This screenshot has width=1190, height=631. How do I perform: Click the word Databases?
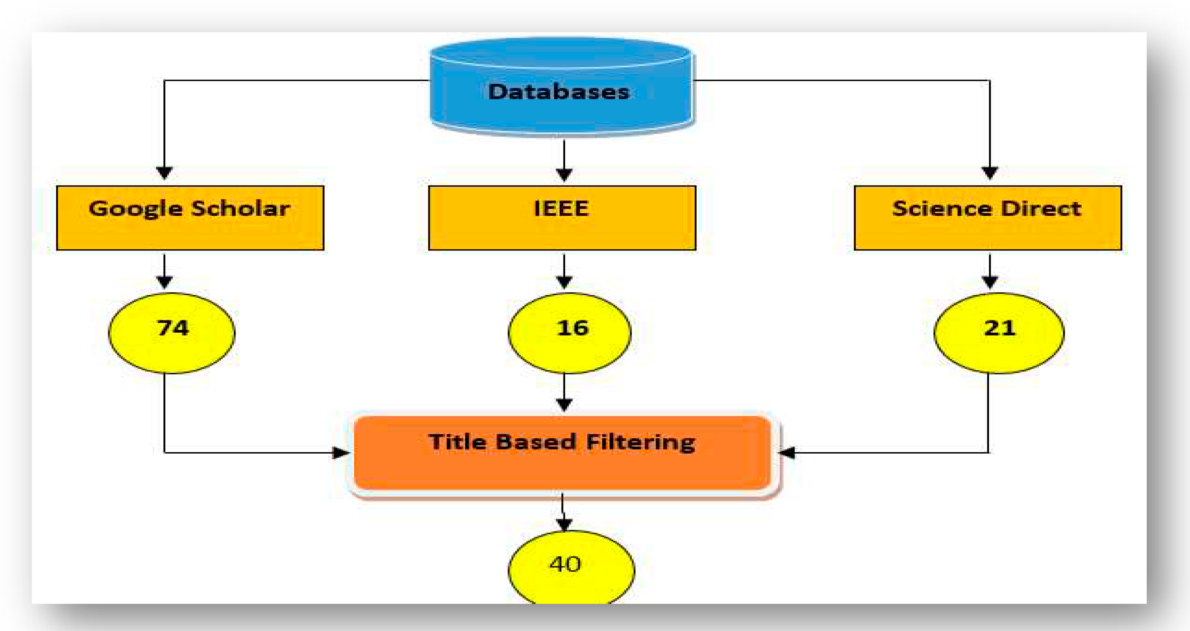click(x=559, y=92)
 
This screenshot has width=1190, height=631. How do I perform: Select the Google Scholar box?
click(x=190, y=218)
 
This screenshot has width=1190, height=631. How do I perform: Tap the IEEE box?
click(x=562, y=218)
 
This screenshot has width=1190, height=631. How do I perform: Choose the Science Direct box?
click(x=988, y=218)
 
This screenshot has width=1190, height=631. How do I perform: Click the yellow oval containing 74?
click(x=172, y=333)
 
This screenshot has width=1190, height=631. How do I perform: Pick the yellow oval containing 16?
click(x=569, y=333)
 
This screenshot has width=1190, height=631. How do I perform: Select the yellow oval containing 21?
click(x=999, y=333)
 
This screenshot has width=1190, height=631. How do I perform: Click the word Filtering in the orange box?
click(x=640, y=442)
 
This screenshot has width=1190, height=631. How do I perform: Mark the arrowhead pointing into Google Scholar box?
click(x=164, y=173)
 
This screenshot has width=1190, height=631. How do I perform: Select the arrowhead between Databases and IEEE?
click(x=564, y=174)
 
